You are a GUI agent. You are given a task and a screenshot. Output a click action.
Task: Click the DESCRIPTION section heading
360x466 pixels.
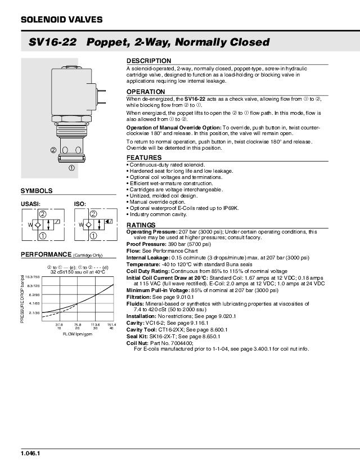[148, 61]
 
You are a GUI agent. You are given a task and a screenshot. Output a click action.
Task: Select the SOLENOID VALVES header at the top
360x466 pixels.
[61, 20]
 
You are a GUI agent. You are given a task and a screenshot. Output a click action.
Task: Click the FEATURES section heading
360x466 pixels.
[144, 158]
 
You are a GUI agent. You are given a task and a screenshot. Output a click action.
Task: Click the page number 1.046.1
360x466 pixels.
[30, 453]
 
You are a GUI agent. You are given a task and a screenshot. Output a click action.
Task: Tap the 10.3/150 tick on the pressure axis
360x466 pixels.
[32, 277]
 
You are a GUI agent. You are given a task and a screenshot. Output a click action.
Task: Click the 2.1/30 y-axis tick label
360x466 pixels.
[34, 312]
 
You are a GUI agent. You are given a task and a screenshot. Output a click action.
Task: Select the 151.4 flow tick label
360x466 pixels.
[111, 324]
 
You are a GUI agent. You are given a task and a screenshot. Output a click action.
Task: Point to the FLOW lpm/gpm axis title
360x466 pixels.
[78, 334]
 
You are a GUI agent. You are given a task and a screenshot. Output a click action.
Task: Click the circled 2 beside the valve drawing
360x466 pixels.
[53, 150]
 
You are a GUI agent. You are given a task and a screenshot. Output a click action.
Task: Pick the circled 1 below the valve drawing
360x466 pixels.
[71, 167]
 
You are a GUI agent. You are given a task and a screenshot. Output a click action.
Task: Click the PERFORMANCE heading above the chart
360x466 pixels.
[47, 254]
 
